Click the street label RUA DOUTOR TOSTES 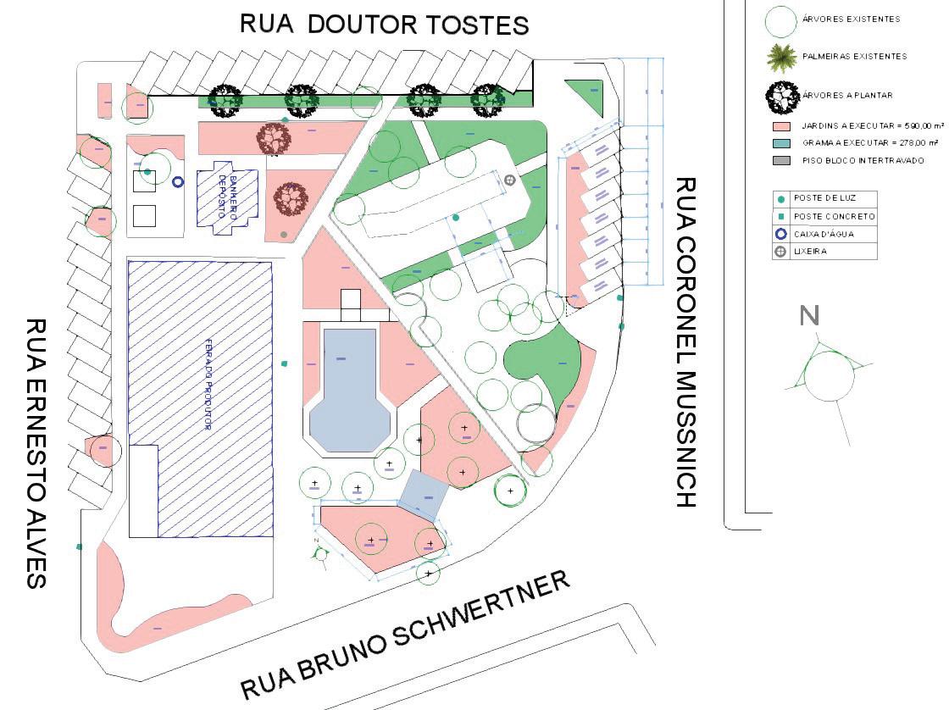385,24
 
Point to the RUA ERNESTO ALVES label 36,452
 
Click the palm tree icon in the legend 781,57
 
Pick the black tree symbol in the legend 781,97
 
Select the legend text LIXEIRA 810,252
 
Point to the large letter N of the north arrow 810,316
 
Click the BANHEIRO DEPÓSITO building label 225,196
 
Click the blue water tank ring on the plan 178,181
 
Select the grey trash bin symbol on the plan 509,180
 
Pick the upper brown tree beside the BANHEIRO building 273,136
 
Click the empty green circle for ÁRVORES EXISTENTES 781,20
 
